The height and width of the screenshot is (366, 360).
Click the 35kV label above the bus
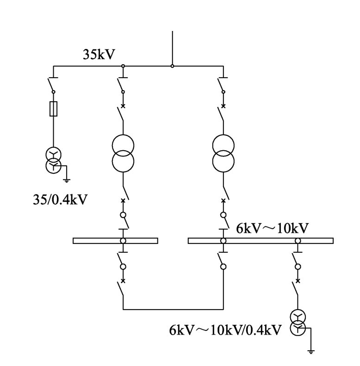tap(99, 55)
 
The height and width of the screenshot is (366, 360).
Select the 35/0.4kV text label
tap(60, 200)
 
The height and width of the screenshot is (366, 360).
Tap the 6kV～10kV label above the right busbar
tap(273, 228)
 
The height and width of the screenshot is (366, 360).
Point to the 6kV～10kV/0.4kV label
tap(225, 330)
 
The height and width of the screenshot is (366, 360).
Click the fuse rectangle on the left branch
tap(54, 109)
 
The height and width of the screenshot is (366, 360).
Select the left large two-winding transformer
tap(123, 153)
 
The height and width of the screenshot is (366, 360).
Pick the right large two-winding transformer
tap(223, 153)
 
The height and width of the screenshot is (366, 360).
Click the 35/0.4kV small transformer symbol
tap(54, 160)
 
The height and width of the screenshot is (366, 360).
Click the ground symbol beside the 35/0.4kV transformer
tap(67, 180)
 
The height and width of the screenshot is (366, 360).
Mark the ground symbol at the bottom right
tap(311, 352)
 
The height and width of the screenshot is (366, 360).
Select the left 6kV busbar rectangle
tap(116, 241)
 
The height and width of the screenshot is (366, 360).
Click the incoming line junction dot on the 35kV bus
tap(172, 66)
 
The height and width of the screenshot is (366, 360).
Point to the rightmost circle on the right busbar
tap(298, 241)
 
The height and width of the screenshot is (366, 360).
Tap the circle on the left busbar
tap(123, 241)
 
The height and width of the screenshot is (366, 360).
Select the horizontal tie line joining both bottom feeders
tap(173, 310)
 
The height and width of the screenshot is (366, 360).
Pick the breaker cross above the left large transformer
tap(123, 106)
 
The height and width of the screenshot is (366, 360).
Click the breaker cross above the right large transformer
tap(223, 106)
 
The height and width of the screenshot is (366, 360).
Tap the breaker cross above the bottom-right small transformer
tap(298, 281)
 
